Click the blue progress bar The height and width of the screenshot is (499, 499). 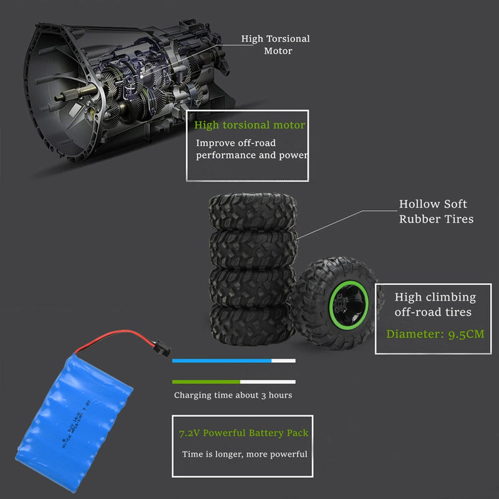pyautogui.click(x=221, y=361)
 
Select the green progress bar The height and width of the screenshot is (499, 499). pyautogui.click(x=206, y=381)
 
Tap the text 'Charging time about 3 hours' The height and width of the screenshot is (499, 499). pyautogui.click(x=233, y=395)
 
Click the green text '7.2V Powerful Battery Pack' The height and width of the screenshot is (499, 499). pyautogui.click(x=243, y=433)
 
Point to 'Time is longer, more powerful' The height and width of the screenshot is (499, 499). pyautogui.click(x=245, y=454)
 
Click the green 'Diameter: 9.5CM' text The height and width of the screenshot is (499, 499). pyautogui.click(x=435, y=334)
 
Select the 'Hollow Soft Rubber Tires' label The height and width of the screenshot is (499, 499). pyautogui.click(x=436, y=211)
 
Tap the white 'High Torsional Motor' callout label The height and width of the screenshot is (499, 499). pyautogui.click(x=276, y=45)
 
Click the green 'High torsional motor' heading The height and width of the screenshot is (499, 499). pyautogui.click(x=249, y=125)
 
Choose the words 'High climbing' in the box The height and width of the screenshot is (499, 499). pyautogui.click(x=435, y=298)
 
